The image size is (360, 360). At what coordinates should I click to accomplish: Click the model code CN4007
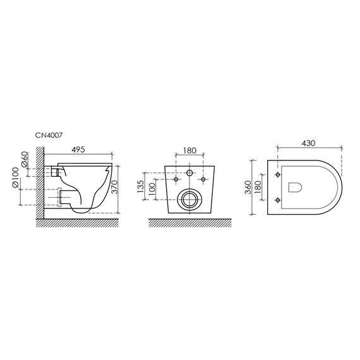coord(49,135)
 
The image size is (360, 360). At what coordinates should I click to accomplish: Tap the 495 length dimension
coord(78,150)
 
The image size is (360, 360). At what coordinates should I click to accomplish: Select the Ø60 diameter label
coord(25,159)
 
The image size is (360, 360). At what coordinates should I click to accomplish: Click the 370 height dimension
coord(114,187)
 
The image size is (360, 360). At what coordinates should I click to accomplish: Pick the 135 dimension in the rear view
coord(140,186)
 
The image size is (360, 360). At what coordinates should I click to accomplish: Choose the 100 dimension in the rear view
coord(152,189)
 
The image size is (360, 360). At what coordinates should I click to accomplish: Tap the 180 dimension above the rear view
coord(190,150)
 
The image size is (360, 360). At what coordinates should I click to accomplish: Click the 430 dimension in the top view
coord(309,143)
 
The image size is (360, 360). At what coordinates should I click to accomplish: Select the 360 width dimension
coord(248,187)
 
